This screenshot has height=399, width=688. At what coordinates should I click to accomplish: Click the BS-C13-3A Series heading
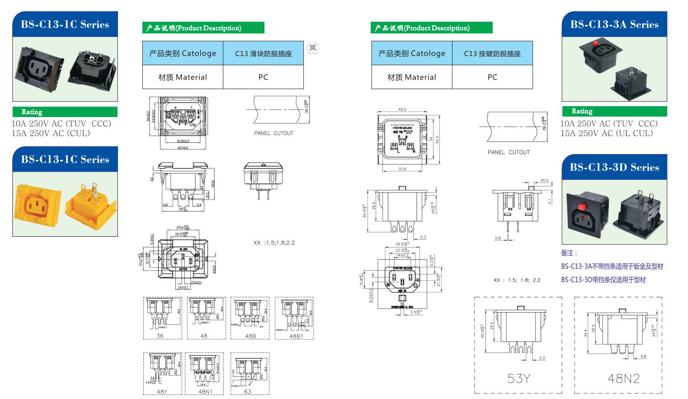[614, 24]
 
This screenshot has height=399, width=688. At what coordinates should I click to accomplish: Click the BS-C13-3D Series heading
[614, 167]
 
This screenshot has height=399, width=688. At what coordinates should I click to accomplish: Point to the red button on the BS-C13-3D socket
[582, 207]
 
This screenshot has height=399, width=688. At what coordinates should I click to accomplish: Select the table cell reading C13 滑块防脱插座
[263, 53]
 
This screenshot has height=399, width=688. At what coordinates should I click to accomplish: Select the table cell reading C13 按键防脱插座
[492, 53]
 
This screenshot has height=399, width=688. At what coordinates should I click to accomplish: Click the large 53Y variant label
[518, 378]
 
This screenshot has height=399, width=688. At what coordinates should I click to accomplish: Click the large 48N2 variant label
[623, 378]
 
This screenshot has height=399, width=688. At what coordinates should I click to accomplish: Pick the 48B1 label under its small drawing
[296, 336]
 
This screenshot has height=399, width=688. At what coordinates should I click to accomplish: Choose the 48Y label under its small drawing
[162, 392]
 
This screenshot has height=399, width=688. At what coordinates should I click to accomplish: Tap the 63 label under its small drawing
[248, 392]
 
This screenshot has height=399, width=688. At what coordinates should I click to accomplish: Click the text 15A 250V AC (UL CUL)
[607, 133]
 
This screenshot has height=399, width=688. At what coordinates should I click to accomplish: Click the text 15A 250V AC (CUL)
[51, 133]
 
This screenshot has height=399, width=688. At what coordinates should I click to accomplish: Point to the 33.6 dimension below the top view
[402, 169]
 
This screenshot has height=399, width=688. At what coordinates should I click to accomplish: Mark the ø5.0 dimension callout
[544, 180]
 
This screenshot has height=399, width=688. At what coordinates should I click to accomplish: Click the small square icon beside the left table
[313, 47]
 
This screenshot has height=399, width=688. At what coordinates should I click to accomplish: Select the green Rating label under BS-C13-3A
[582, 111]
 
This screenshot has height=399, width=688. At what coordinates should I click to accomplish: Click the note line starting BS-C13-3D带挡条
[603, 280]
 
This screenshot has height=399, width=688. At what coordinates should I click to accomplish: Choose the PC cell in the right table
[492, 77]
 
